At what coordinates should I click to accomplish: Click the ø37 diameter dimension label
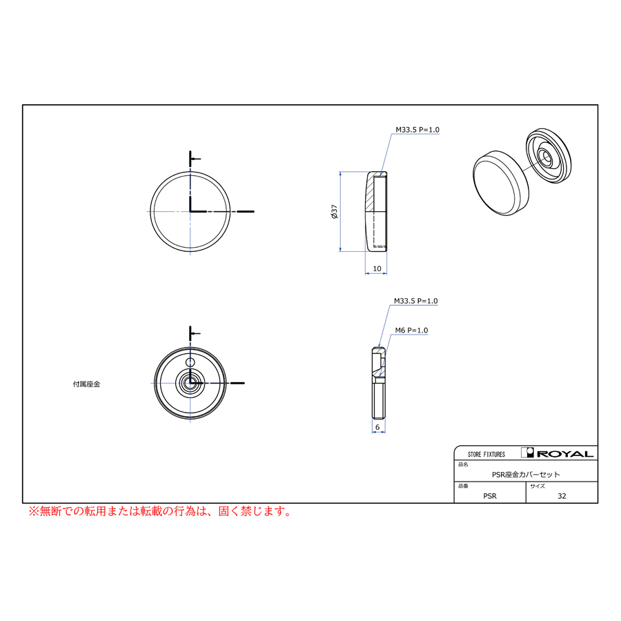pyautogui.click(x=334, y=212)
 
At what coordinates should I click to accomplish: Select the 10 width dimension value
pyautogui.click(x=377, y=268)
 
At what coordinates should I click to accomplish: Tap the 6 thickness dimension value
pyautogui.click(x=377, y=427)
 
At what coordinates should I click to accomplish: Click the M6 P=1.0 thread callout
pyautogui.click(x=411, y=331)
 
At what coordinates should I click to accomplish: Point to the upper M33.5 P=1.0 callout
pyautogui.click(x=417, y=130)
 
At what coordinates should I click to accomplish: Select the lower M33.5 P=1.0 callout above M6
pyautogui.click(x=416, y=301)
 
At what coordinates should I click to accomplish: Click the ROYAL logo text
pyautogui.click(x=565, y=454)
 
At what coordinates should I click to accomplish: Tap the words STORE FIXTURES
pyautogui.click(x=486, y=454)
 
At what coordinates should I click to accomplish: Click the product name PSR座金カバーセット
pyautogui.click(x=526, y=475)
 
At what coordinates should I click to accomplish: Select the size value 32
pyautogui.click(x=562, y=496)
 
